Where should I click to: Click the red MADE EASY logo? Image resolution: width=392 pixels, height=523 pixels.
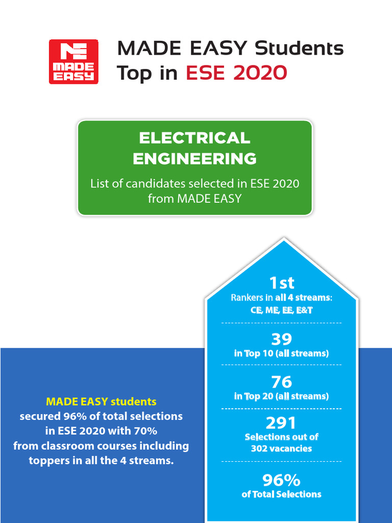(x=73, y=61)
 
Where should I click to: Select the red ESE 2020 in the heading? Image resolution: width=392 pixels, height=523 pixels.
(x=236, y=73)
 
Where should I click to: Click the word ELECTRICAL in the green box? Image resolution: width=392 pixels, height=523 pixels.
(x=194, y=138)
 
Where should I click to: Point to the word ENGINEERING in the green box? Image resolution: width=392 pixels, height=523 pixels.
(x=194, y=159)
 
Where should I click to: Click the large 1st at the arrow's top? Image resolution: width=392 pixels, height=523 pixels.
(x=281, y=282)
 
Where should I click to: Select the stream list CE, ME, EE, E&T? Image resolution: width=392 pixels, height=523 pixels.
(x=281, y=310)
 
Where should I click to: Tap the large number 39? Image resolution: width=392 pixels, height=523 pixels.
(x=281, y=339)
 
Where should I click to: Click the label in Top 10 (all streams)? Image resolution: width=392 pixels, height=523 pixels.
(x=281, y=353)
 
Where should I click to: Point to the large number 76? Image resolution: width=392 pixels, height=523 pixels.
(x=281, y=382)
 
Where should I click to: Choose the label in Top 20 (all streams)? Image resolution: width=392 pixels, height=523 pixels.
(x=281, y=396)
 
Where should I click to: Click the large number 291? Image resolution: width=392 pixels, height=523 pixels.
(x=281, y=423)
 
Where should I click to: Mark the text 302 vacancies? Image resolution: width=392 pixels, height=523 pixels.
(x=281, y=448)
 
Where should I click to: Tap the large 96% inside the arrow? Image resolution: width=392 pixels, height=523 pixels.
(x=281, y=480)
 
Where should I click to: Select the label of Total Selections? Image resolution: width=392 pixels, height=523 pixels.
(x=281, y=494)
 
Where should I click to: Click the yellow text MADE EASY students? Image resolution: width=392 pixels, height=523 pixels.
(x=101, y=401)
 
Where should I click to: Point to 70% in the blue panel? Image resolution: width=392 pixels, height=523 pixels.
(x=145, y=431)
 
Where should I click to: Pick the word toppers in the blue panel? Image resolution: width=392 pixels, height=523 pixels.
(x=47, y=461)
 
